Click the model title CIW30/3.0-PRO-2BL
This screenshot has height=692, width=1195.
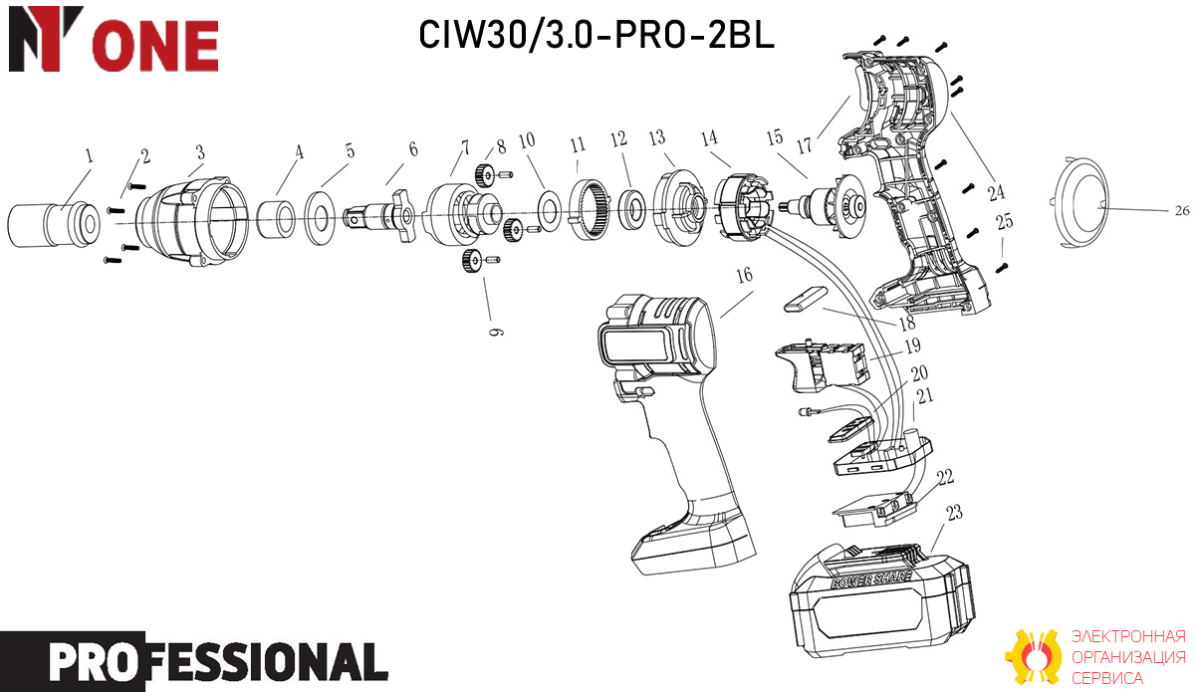pyautogui.click(x=596, y=35)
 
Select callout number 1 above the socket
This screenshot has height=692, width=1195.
pyautogui.click(x=89, y=155)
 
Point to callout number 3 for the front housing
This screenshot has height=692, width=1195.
pyautogui.click(x=200, y=152)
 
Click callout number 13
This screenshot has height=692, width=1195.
pyautogui.click(x=657, y=137)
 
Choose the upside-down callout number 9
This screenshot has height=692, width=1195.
pyautogui.click(x=496, y=332)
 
